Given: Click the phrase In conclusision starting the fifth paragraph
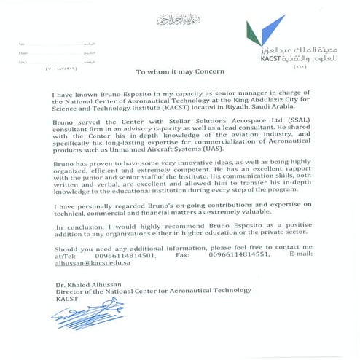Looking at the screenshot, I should (82, 229).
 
